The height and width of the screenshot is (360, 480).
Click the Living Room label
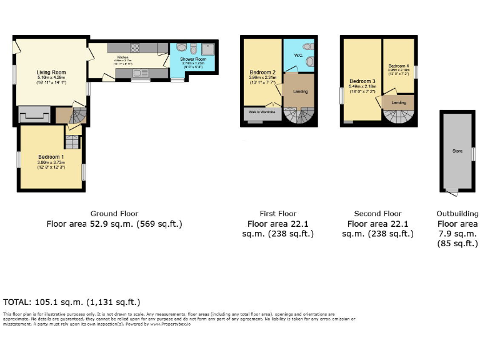48,72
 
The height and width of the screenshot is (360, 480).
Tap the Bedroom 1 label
51,157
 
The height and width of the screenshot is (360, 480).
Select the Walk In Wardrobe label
262,112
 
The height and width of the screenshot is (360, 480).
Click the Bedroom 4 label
398,66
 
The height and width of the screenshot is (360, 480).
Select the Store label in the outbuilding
457,151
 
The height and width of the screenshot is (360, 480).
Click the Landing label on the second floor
398,101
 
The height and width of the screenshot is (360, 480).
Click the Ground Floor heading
114,214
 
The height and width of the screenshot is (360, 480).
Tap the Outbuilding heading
457,214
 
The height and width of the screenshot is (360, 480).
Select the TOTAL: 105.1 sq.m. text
72,302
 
